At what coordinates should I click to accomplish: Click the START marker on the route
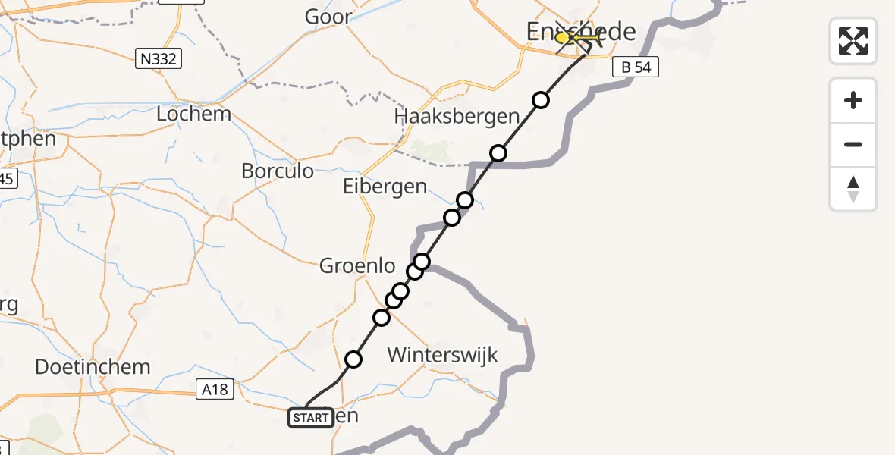(x=310, y=418)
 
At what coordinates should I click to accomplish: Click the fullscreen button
(x=853, y=41)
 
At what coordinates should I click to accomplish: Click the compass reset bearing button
(x=853, y=189)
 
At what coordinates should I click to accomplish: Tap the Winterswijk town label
(x=442, y=354)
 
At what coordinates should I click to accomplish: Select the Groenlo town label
(x=358, y=266)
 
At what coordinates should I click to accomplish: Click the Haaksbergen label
(x=457, y=117)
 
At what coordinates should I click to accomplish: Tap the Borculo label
(x=278, y=171)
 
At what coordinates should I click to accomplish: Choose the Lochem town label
(x=193, y=114)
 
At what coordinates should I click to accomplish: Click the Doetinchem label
(x=93, y=367)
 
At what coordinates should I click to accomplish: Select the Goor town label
(x=328, y=17)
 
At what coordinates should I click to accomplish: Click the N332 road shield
(x=159, y=58)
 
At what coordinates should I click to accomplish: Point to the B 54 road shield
(x=636, y=67)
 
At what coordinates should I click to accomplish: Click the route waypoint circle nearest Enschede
(x=540, y=100)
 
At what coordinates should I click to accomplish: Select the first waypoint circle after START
(x=353, y=359)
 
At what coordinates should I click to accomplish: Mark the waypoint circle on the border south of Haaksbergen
(x=498, y=153)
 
